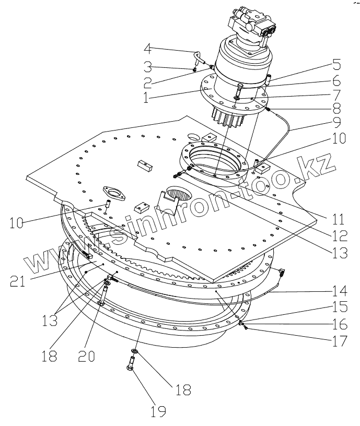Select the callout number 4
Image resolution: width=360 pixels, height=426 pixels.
point(148,50)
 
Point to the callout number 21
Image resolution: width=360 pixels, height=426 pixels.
point(19,282)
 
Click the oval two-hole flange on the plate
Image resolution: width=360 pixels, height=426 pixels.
point(114,193)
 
